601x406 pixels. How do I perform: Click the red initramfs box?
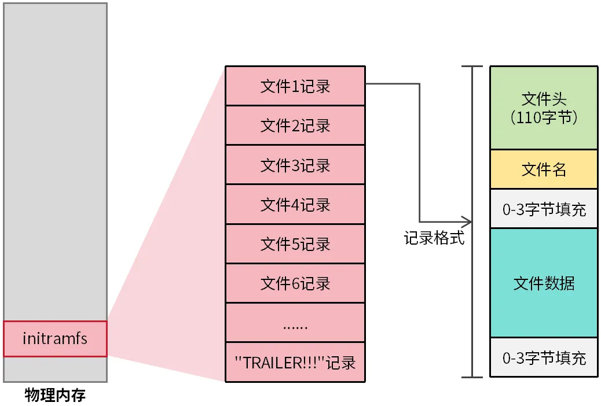coord(55,338)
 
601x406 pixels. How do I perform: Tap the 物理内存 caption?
coord(55,396)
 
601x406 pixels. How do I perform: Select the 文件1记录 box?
coord(295,86)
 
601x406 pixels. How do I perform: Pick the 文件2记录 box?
coord(295,126)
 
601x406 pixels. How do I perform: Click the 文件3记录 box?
coord(295,165)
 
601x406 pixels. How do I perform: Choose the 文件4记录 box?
coord(295,204)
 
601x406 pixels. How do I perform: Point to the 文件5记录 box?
coord(295,243)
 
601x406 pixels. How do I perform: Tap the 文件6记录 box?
coord(295,283)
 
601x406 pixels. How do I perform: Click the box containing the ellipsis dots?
coord(295,323)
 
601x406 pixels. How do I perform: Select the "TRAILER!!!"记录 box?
coord(295,362)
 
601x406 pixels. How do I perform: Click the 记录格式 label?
coord(434,238)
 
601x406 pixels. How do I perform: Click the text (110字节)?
coord(544,117)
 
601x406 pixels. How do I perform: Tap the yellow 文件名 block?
coord(543,169)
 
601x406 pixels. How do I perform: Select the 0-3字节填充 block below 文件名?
coord(543,209)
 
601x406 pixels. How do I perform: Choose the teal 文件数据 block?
coord(543,283)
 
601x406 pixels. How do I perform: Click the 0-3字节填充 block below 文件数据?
coord(543,357)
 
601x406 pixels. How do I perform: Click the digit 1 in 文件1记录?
coord(294,87)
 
